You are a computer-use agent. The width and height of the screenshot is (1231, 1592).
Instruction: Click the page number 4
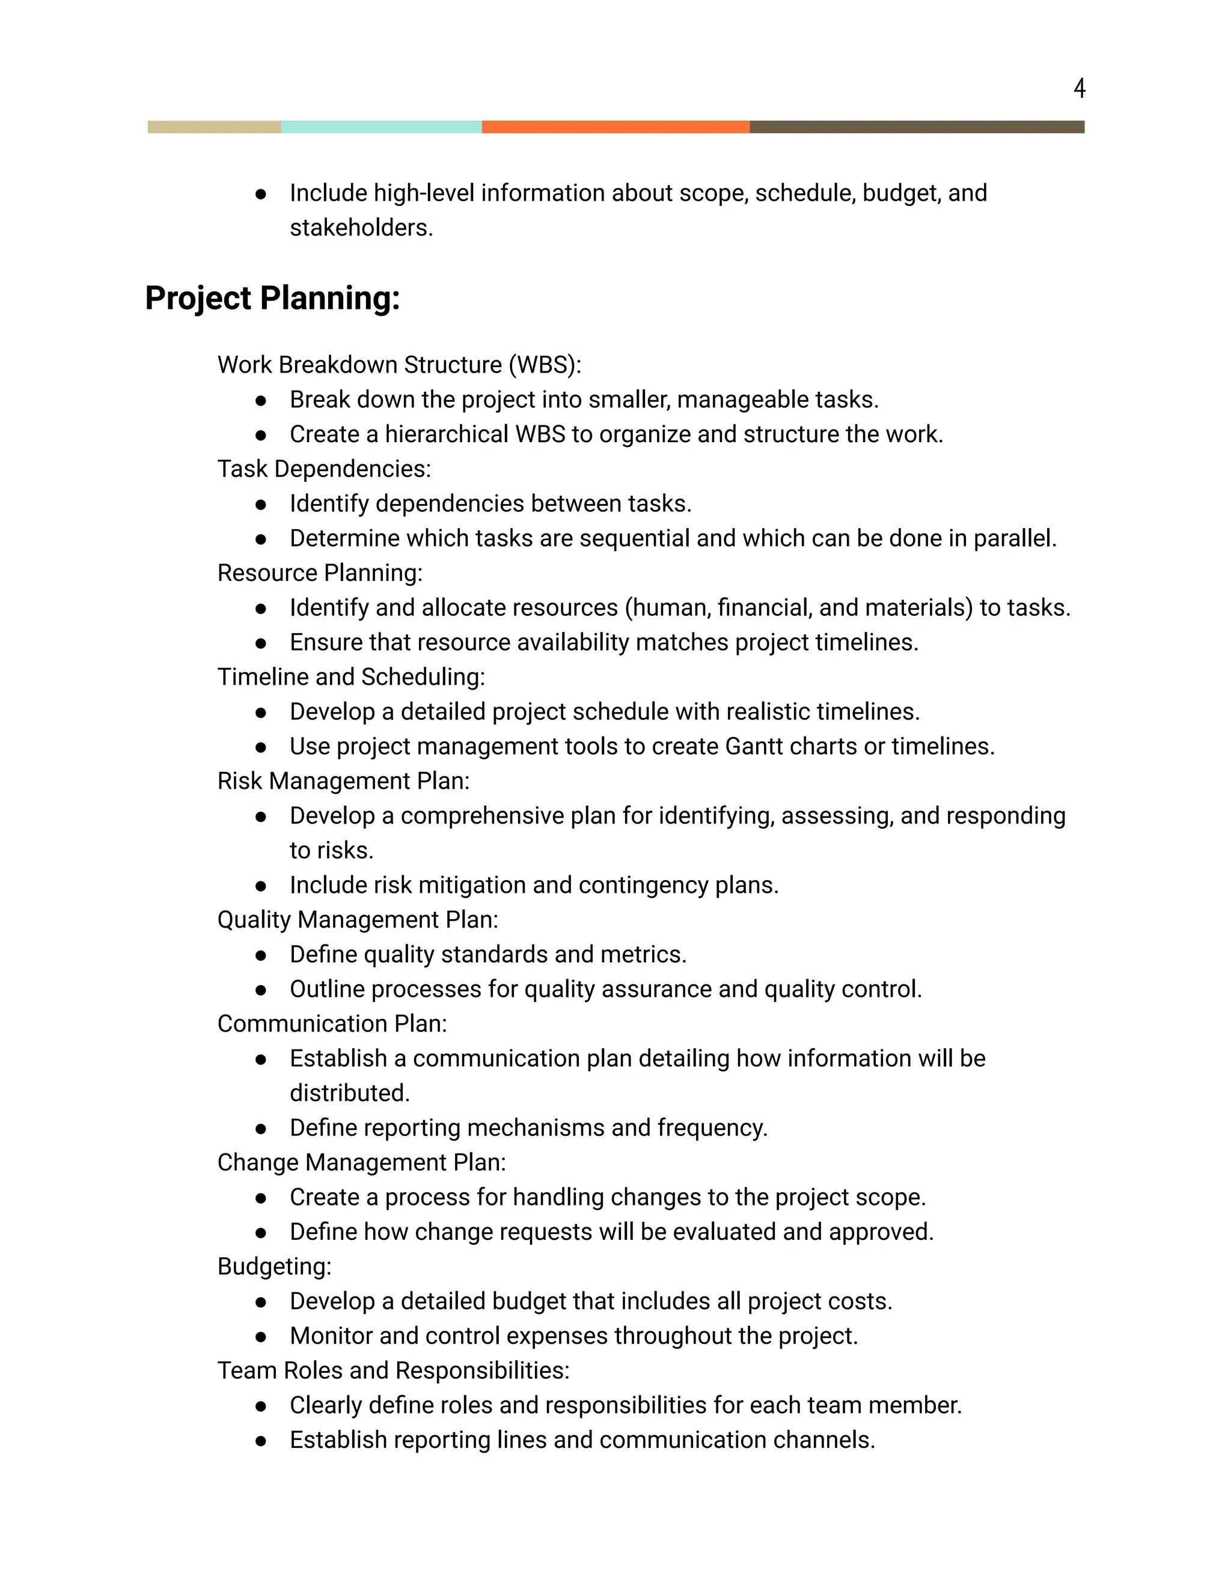1080,88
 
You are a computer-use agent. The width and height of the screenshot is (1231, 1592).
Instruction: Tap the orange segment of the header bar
615,127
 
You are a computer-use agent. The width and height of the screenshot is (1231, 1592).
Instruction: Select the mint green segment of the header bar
382,127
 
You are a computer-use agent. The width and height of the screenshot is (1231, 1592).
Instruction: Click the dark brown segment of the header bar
917,127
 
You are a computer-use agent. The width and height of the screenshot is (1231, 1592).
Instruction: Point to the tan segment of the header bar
215,127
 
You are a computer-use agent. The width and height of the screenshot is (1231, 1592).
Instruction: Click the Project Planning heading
272,298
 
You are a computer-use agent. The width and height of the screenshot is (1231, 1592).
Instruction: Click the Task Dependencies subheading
324,469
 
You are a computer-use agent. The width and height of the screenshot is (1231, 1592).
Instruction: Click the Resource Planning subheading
319,573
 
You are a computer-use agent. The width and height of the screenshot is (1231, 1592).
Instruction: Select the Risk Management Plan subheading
343,781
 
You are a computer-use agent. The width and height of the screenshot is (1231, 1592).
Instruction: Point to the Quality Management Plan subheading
358,920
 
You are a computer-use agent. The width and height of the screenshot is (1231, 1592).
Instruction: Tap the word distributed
349,1093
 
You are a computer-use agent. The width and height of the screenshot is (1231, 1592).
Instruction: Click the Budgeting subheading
274,1266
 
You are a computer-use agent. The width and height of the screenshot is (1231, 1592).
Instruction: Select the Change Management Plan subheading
361,1162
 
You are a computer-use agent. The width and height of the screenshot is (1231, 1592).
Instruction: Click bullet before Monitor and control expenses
261,1337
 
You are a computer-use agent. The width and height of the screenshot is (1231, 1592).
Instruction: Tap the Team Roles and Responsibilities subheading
393,1370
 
